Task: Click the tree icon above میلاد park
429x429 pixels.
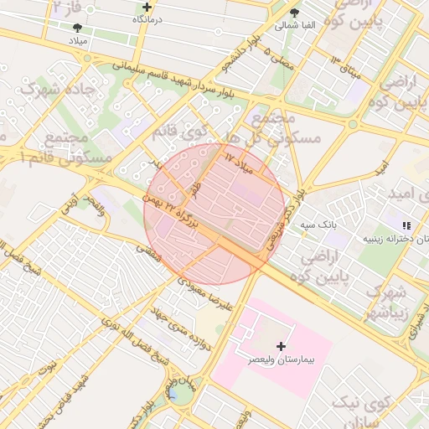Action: click(x=78, y=28)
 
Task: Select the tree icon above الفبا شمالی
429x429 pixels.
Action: click(x=294, y=12)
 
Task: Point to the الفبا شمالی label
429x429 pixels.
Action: click(x=296, y=25)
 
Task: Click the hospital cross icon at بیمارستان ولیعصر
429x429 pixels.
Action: click(x=280, y=345)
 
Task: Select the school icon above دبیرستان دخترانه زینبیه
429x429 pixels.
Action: click(x=406, y=225)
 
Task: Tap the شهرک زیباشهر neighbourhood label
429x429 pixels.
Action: click(x=386, y=303)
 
